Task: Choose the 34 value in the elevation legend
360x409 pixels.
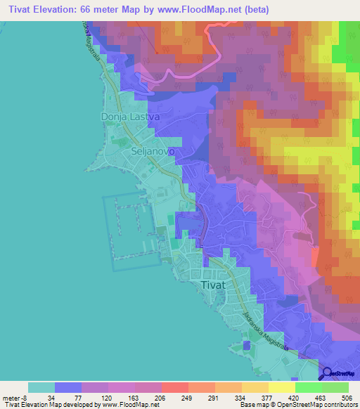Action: tap(54, 397)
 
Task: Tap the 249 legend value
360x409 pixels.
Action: tap(188, 397)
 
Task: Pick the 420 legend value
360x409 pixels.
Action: tap(295, 397)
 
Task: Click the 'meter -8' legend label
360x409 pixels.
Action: tap(15, 397)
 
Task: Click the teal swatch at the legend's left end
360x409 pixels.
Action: tap(41, 387)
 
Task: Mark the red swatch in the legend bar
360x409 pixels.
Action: tap(175, 387)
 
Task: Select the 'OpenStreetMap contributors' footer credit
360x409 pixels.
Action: tap(314, 405)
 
